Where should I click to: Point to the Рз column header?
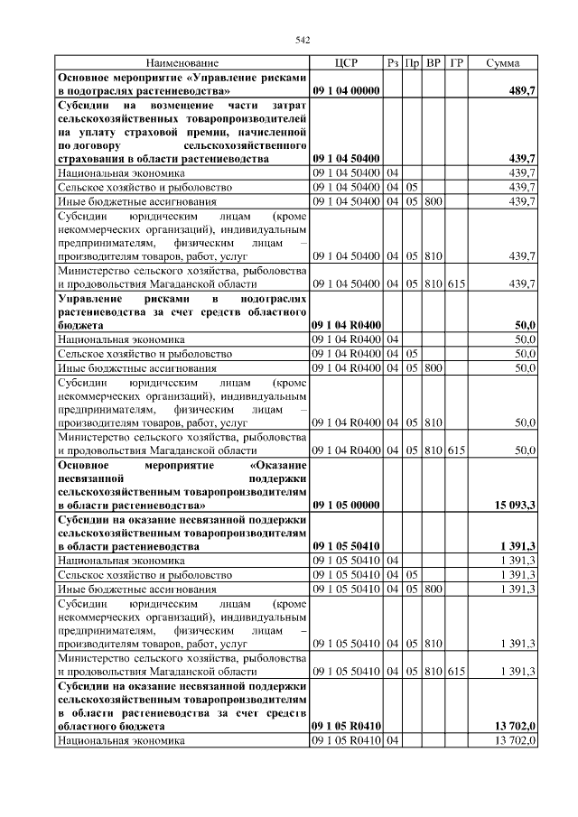tap(393, 63)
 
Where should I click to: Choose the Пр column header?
tap(412, 63)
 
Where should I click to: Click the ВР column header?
tap(433, 63)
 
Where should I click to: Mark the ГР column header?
tap(457, 63)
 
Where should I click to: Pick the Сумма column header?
tap(503, 63)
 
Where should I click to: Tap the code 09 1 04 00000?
tap(346, 91)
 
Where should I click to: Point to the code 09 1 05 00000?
tap(346, 506)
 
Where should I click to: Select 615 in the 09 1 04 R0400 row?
tap(456, 450)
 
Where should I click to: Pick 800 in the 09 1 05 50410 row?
tap(433, 589)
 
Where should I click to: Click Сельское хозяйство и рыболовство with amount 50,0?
tap(144, 354)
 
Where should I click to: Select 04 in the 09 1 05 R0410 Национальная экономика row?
tap(393, 740)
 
